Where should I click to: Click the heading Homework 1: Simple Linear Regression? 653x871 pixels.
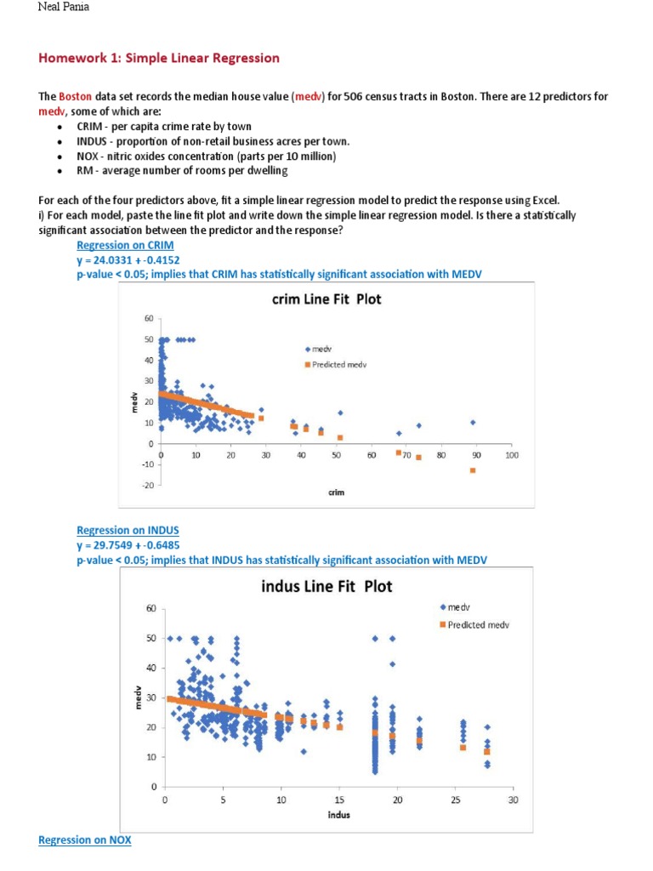[159, 58]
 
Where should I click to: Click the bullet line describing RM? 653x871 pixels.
[182, 170]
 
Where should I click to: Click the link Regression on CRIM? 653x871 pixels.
[125, 245]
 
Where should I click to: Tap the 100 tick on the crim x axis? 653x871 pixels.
[511, 456]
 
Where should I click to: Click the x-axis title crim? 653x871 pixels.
[336, 492]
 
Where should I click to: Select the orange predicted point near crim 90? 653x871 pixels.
[473, 470]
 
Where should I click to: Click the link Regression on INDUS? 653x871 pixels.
[128, 530]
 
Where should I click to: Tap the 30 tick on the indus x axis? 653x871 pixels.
[513, 800]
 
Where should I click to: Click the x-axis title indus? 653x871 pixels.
[339, 814]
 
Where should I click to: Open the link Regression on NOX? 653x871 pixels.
[85, 840]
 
